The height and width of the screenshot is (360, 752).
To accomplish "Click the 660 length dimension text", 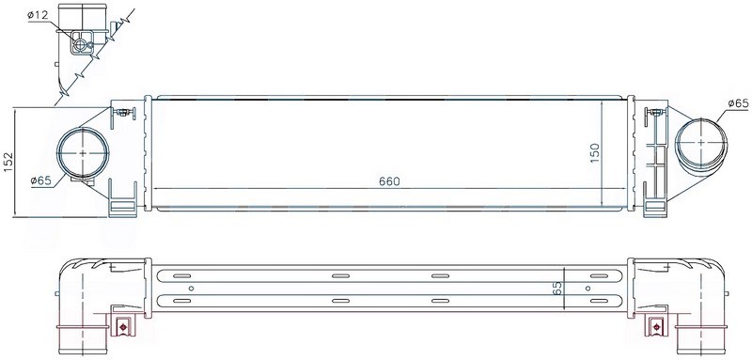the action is point(389,181).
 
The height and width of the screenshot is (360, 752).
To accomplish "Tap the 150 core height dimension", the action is point(595,152).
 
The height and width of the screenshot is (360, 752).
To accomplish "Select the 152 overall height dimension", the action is point(8,162).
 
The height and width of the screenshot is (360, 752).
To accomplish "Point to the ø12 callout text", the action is point(38,15).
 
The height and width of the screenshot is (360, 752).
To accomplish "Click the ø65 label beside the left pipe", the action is point(40,180).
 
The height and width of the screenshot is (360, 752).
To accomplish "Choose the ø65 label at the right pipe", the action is point(738,103).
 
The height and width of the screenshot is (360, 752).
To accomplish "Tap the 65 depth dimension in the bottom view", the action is point(557,289).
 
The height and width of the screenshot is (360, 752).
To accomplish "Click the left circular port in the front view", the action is point(83,153).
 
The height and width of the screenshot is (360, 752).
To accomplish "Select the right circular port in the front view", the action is point(701,142).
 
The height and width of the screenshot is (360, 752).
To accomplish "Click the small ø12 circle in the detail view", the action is point(81,45).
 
